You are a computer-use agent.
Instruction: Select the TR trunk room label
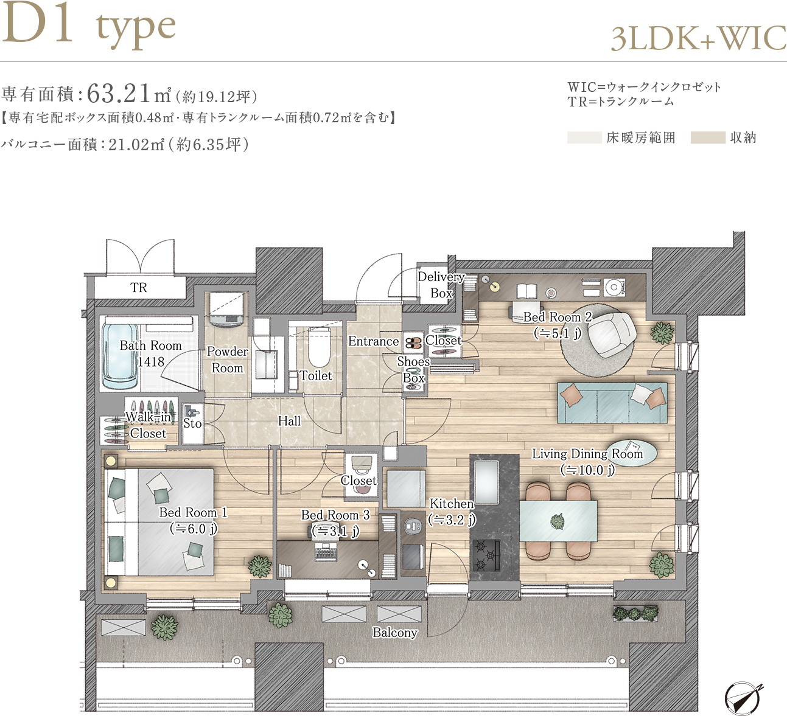139,288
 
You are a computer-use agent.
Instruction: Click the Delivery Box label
441,285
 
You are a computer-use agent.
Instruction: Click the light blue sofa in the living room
612,403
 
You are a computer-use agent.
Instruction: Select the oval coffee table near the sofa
632,453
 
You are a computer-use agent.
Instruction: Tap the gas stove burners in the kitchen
486,555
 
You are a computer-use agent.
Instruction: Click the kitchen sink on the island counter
486,481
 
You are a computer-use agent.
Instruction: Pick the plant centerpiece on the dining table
557,521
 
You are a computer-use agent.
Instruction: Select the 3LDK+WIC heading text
698,38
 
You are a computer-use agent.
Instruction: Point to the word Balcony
394,633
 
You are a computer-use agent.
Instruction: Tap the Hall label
289,421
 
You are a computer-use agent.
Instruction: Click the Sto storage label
192,423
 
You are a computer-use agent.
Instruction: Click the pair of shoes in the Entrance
413,343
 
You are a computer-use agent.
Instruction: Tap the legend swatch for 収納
707,137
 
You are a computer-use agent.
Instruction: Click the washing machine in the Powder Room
226,310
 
